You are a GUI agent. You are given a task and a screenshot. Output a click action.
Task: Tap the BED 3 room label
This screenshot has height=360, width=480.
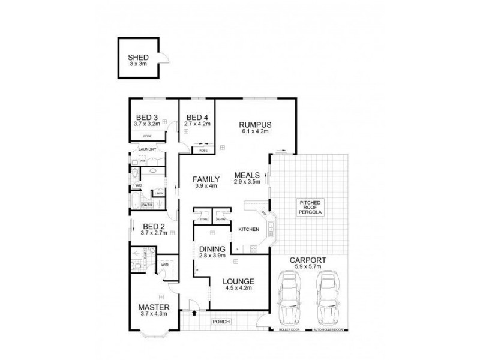click(146, 117)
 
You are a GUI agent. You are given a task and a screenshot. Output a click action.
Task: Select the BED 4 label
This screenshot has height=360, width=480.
click(197, 117)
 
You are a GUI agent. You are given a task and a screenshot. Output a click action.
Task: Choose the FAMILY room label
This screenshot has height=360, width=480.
click(205, 179)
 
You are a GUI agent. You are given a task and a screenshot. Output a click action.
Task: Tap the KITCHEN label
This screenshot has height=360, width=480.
click(248, 230)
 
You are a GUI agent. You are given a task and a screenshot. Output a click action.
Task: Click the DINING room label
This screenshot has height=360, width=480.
click(212, 250)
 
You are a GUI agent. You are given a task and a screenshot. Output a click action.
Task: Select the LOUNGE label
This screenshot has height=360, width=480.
click(239, 281)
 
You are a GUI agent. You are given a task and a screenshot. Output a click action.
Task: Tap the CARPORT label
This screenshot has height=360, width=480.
click(308, 260)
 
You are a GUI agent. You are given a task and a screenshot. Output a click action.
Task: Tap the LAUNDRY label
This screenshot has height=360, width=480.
click(148, 149)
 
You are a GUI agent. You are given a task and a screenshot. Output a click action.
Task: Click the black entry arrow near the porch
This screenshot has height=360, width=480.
click(195, 312)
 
